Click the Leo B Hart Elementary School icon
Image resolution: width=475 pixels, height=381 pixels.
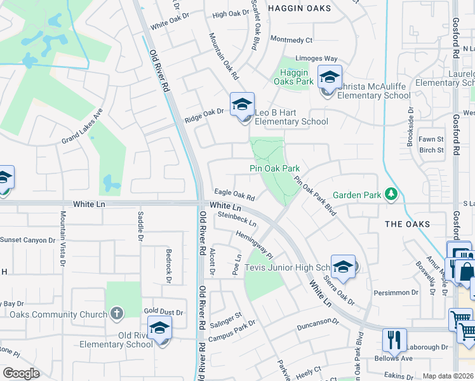242,105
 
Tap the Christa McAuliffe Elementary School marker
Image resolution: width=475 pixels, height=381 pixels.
330,77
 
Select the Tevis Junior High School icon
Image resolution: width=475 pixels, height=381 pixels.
343,267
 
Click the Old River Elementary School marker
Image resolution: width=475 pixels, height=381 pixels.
159,328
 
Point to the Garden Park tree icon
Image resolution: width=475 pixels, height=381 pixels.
392,194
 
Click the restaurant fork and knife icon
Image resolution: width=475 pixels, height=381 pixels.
394,340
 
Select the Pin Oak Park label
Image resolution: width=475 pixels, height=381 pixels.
274,168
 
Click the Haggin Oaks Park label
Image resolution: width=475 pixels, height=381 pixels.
293,77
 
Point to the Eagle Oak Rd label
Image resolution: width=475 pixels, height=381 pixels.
234,194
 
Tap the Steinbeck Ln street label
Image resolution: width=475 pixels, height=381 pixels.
237,219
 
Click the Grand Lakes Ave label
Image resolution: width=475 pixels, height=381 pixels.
82,129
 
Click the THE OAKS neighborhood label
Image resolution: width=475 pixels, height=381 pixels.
407,224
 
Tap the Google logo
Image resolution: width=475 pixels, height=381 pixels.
21,373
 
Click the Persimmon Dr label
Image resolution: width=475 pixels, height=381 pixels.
396,293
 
